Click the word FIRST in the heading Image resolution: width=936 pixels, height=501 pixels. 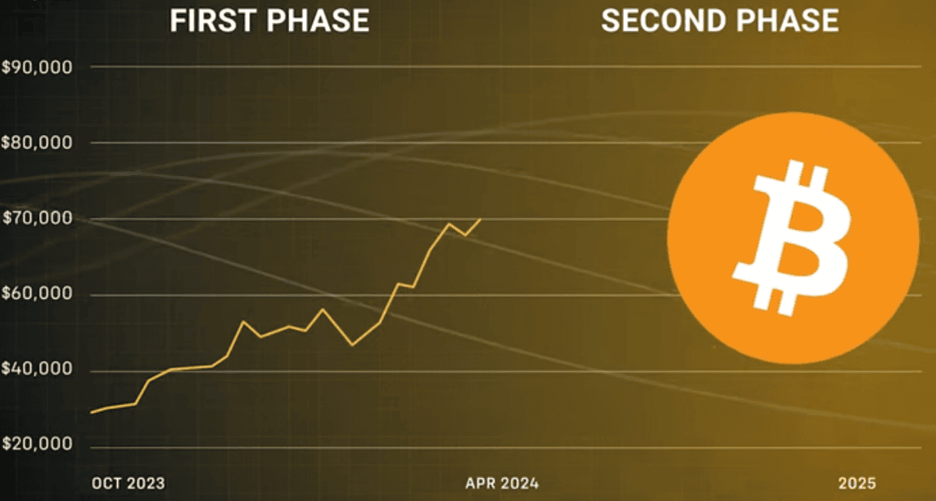(213, 20)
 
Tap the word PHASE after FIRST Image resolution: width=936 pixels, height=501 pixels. (318, 20)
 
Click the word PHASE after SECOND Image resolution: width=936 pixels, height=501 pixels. (787, 20)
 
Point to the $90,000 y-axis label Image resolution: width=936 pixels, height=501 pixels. (37, 67)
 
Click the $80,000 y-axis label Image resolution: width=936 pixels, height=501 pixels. (37, 143)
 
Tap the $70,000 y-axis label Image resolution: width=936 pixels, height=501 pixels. (37, 219)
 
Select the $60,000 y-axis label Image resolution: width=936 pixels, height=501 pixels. (37, 296)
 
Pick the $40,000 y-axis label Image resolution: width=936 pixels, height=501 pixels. (37, 371)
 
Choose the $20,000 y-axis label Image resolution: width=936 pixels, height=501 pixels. (37, 445)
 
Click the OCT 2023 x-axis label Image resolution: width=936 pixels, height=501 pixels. (129, 483)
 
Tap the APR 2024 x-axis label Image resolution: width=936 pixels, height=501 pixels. (502, 483)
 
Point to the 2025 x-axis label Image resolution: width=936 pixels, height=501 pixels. (857, 483)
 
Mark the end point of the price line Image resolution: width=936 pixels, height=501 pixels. (481, 219)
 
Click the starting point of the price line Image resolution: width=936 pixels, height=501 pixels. (91, 413)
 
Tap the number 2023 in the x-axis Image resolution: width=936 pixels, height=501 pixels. (146, 483)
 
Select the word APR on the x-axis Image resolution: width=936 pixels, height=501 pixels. (481, 483)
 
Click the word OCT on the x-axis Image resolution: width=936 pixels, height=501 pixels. (106, 483)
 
